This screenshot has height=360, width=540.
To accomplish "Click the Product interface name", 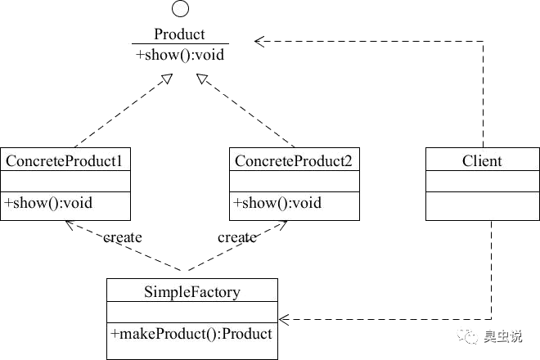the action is click(179, 34).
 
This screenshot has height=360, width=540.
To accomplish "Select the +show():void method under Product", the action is click(180, 55).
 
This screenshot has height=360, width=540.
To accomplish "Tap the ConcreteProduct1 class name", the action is click(64, 161).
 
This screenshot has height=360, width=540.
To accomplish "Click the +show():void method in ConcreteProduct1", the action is click(48, 203).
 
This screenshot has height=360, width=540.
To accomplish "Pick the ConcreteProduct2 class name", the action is click(294, 161).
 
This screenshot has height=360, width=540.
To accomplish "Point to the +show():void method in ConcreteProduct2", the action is click(277, 203).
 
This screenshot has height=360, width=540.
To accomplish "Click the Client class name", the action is click(482, 161).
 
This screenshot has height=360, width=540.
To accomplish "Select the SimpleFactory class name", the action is click(192, 292).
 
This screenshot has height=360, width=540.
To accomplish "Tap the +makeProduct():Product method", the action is click(191, 334).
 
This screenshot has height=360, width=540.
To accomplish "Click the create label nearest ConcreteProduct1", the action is click(123, 237).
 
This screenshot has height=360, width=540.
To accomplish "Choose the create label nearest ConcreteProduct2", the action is click(237, 237).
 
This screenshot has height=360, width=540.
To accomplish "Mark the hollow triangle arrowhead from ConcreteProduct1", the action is click(167, 79).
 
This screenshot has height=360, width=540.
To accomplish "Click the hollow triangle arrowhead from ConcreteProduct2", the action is click(202, 79).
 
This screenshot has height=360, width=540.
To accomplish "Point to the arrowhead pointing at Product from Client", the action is click(259, 42).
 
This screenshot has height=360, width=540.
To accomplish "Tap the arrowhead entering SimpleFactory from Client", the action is click(284, 319).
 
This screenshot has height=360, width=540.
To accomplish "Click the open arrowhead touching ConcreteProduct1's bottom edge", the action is click(70, 225).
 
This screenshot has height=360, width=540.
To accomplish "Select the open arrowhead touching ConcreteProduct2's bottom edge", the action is click(282, 225).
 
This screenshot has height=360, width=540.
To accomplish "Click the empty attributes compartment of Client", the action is click(483, 181).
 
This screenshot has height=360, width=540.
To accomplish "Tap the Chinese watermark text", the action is click(503, 336).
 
